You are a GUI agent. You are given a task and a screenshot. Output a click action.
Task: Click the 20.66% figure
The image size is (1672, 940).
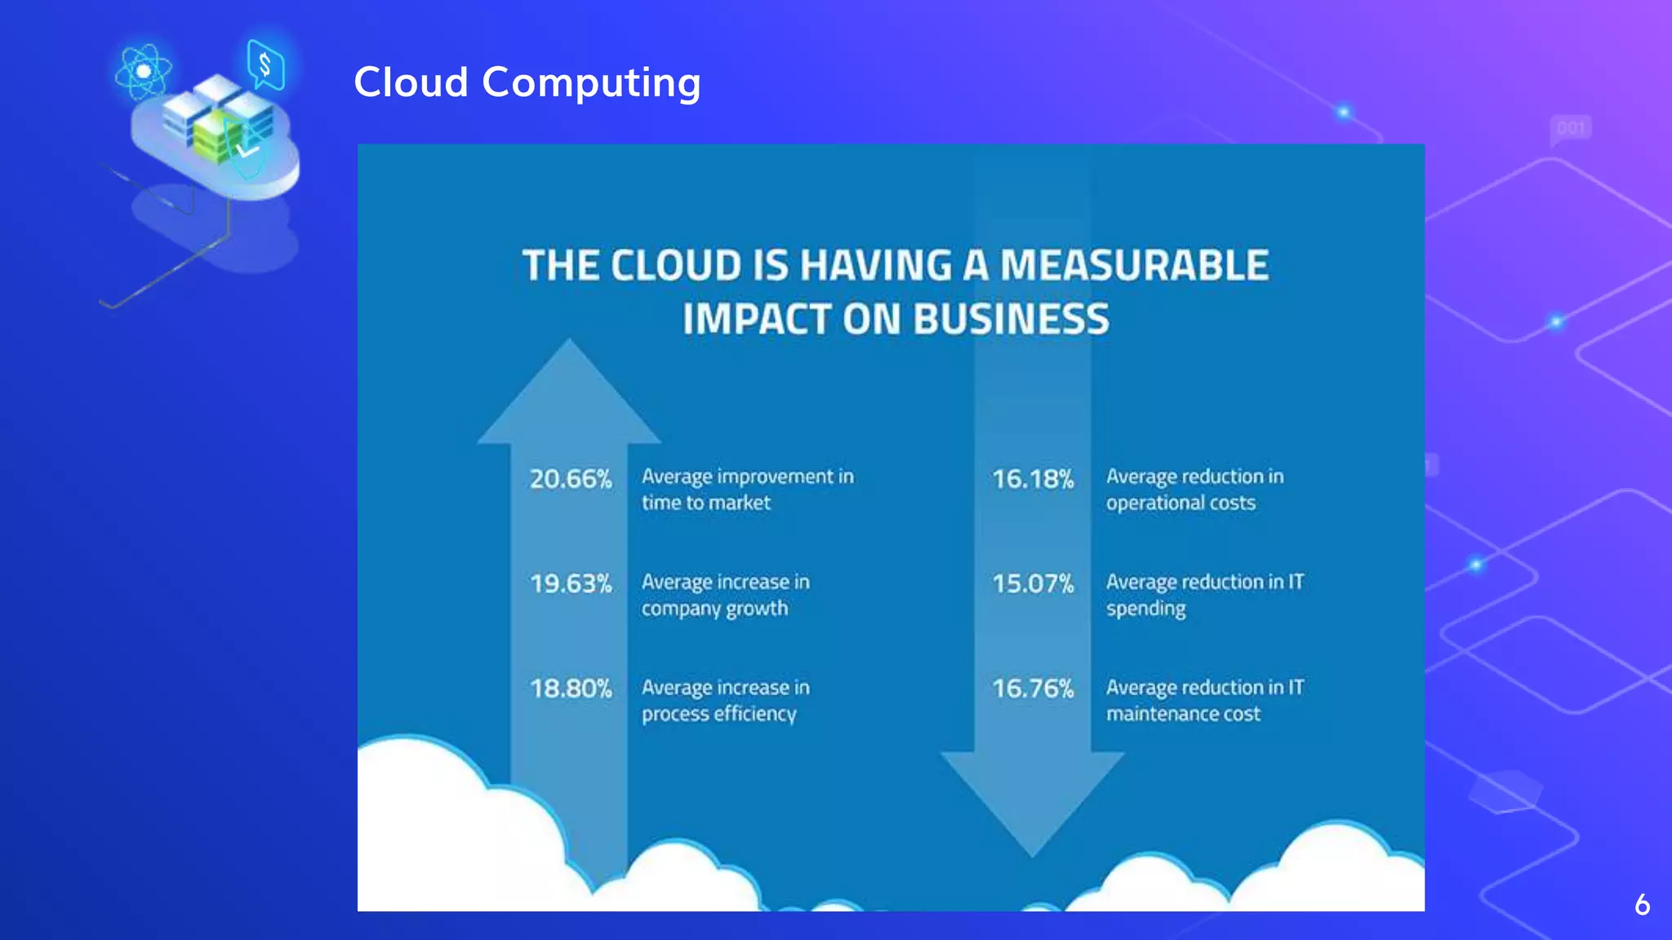click(570, 478)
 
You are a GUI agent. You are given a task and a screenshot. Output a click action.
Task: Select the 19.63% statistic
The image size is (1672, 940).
click(570, 583)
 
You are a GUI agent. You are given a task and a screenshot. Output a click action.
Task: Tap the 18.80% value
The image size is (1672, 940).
click(570, 689)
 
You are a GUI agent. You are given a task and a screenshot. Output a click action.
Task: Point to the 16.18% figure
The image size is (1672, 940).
click(1033, 478)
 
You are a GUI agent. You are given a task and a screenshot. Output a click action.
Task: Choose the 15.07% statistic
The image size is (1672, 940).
click(1033, 583)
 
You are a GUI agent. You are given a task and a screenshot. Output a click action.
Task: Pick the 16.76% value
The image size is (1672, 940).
click(1033, 689)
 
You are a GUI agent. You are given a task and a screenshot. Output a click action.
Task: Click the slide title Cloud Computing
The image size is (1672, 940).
click(527, 83)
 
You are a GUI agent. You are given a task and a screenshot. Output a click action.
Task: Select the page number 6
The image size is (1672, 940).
click(1642, 905)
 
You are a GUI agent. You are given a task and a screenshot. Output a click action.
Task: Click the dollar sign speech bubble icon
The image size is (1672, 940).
click(265, 64)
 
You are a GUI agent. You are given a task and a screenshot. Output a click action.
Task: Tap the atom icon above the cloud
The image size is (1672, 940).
click(144, 72)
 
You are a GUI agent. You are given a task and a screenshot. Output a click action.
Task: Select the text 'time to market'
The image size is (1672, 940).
click(705, 503)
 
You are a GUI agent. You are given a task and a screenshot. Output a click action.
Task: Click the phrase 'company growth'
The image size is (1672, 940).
click(714, 609)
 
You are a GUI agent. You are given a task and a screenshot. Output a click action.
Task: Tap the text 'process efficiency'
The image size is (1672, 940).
click(718, 714)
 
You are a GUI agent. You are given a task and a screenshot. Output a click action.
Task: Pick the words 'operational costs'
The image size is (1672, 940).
click(1181, 503)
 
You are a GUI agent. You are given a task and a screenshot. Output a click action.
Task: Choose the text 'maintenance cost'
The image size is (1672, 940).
click(1183, 714)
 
